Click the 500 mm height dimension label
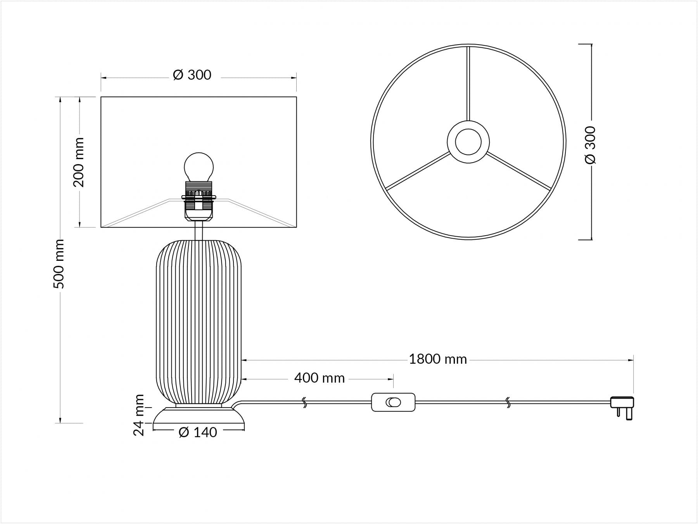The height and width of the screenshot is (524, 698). pyautogui.click(x=59, y=264)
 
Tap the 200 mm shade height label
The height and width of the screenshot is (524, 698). pyautogui.click(x=79, y=162)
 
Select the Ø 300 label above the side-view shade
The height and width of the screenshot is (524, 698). pyautogui.click(x=192, y=75)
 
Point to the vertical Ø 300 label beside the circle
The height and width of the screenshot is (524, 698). pyautogui.click(x=590, y=145)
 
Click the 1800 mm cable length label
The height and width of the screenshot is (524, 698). pyautogui.click(x=438, y=359)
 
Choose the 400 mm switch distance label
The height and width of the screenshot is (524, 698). pyautogui.click(x=319, y=378)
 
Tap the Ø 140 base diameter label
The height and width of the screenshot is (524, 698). pyautogui.click(x=198, y=432)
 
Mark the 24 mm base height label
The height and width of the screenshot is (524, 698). pyautogui.click(x=139, y=415)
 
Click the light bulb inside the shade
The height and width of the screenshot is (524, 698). pyautogui.click(x=198, y=167)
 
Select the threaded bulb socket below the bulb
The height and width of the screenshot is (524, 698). pyautogui.click(x=198, y=201)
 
